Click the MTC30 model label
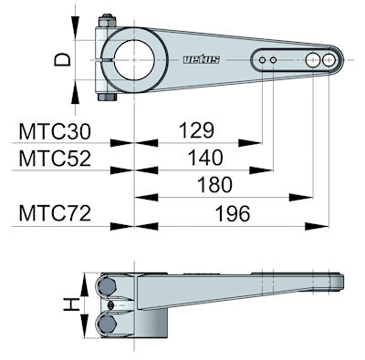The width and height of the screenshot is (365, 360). [55, 131]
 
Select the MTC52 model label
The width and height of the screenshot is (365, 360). [55, 159]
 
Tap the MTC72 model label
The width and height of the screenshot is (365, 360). [55, 213]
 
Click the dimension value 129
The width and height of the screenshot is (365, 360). [196, 130]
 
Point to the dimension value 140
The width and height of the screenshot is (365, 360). [205, 158]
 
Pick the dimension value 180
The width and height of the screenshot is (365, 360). [214, 185]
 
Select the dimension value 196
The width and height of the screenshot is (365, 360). [233, 213]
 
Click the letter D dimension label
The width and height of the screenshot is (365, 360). [63, 59]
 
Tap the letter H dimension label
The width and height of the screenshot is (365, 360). [71, 304]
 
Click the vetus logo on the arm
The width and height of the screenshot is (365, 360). [202, 59]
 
